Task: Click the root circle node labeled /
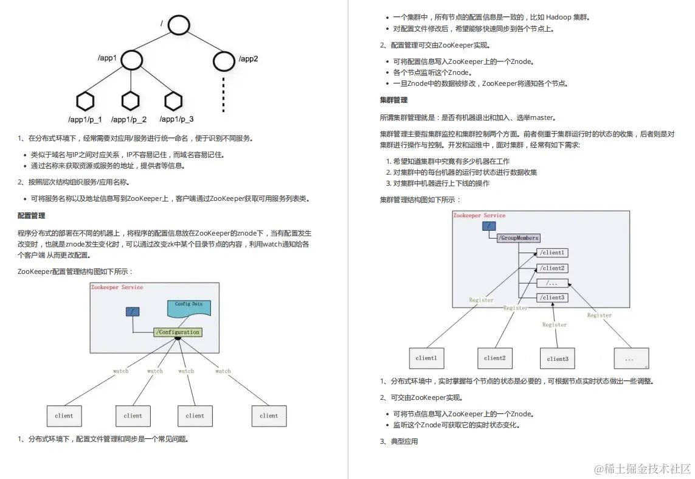coord(179,25)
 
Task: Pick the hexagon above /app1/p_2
coord(131,100)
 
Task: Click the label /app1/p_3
coord(176,119)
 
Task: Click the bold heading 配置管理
coord(31,215)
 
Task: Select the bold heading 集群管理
coord(393,100)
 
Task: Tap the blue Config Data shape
coord(189,307)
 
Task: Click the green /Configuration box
coord(178,332)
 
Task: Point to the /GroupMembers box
coord(519,238)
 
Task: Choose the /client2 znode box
coord(552,268)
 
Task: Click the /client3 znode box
coord(552,298)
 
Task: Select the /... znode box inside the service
coord(552,283)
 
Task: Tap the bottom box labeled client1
coord(426,358)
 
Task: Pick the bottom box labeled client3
coord(558,358)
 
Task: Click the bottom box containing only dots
coord(631,358)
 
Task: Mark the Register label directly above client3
coord(555,324)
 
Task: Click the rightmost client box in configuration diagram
coord(269,416)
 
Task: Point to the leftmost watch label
coord(121,371)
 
